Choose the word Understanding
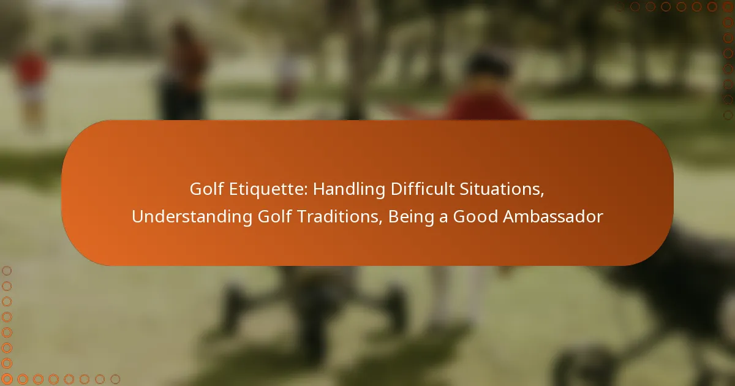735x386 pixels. [x=192, y=218]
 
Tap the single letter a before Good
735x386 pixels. [x=443, y=219]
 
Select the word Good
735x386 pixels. [x=475, y=217]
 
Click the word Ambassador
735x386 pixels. [x=553, y=217]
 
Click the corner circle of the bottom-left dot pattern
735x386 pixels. [x=7, y=379]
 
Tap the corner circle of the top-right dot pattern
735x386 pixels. [x=728, y=7]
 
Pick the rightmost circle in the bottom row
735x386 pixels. [x=115, y=379]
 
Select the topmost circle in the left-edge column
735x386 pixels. [x=7, y=271]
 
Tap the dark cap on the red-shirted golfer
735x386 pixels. [x=488, y=64]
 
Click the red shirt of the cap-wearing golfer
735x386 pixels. [x=486, y=105]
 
